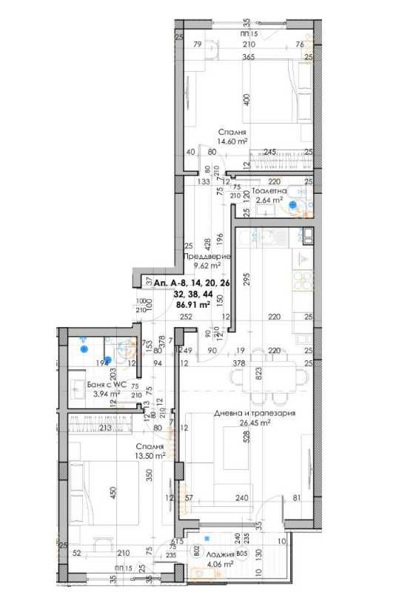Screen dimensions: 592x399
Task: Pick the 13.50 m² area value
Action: pyautogui.click(x=149, y=457)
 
